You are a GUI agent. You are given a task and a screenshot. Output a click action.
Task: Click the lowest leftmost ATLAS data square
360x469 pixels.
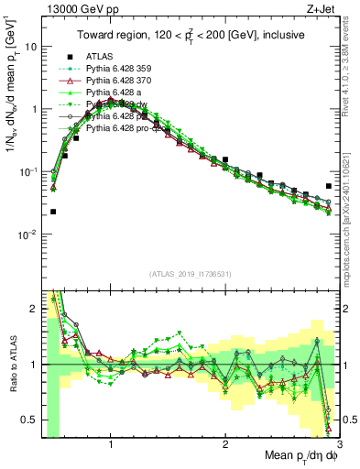53,212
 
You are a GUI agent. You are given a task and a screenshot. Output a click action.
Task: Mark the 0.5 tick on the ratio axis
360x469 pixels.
28,420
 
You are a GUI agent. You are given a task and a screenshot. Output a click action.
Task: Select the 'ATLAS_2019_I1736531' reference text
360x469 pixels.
191,273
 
